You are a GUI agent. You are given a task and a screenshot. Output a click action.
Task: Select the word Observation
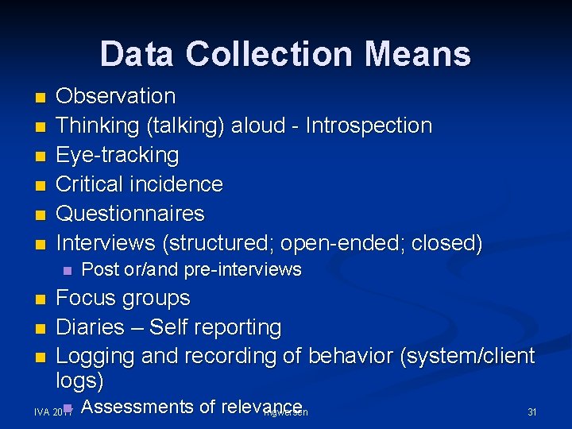coord(116,96)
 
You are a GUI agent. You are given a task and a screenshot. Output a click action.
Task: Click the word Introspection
coord(369,126)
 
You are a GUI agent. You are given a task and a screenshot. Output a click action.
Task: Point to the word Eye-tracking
coord(118,155)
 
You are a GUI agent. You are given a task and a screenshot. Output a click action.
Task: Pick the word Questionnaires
coord(130,214)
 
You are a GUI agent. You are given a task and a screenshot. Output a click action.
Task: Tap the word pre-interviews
coord(243,270)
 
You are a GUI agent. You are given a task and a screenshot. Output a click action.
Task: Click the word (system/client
coord(469,357)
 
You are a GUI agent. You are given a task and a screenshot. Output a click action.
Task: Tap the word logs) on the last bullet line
coord(79,381)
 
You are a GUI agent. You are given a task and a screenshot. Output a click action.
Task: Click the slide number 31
coord(532,412)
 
